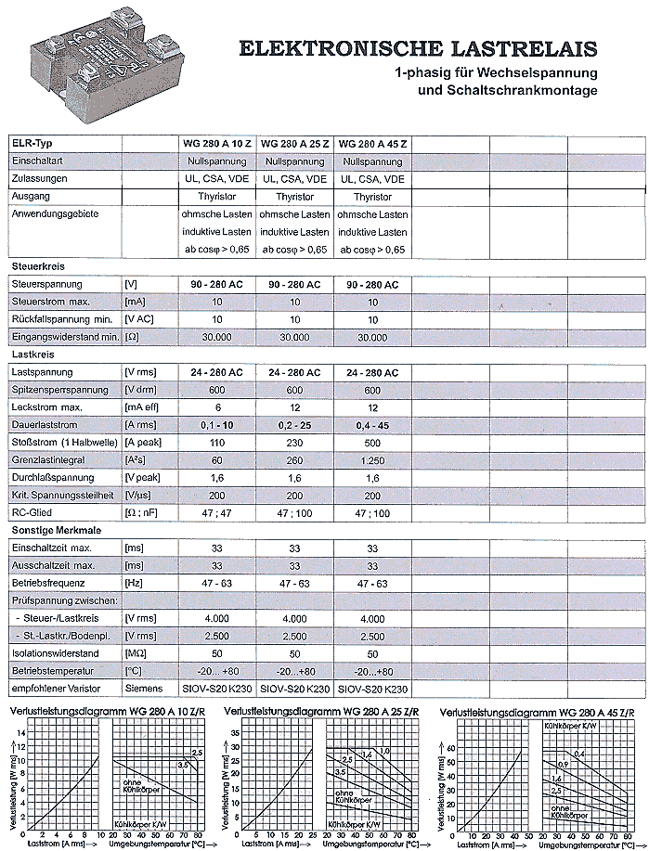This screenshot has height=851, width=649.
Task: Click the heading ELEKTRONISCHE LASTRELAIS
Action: (419, 48)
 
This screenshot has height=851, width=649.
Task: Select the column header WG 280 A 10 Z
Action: (216, 144)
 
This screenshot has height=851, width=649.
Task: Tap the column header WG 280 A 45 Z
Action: (372, 144)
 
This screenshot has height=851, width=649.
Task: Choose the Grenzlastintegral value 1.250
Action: (372, 460)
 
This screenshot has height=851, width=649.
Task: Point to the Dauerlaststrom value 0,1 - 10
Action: (216, 425)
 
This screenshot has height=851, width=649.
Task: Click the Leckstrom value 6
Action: (216, 407)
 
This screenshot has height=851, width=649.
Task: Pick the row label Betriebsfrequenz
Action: (50, 584)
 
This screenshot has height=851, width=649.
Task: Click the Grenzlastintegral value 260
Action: (294, 460)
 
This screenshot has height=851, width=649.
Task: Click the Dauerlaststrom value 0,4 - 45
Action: (372, 425)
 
